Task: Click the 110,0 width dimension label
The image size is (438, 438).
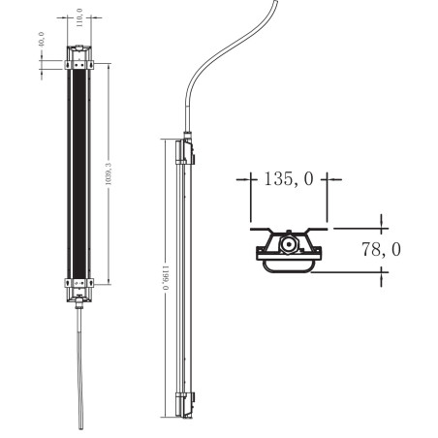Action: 79,17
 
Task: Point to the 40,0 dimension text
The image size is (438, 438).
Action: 42,40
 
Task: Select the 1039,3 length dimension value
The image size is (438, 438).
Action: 109,173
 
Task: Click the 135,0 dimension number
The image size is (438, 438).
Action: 289,178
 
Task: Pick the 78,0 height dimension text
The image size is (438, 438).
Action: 381,249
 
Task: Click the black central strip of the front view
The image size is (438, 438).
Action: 79,173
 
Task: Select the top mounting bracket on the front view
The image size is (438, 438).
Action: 79,65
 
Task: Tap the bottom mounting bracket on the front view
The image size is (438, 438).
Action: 79,283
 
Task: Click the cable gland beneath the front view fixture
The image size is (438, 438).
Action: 79,304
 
